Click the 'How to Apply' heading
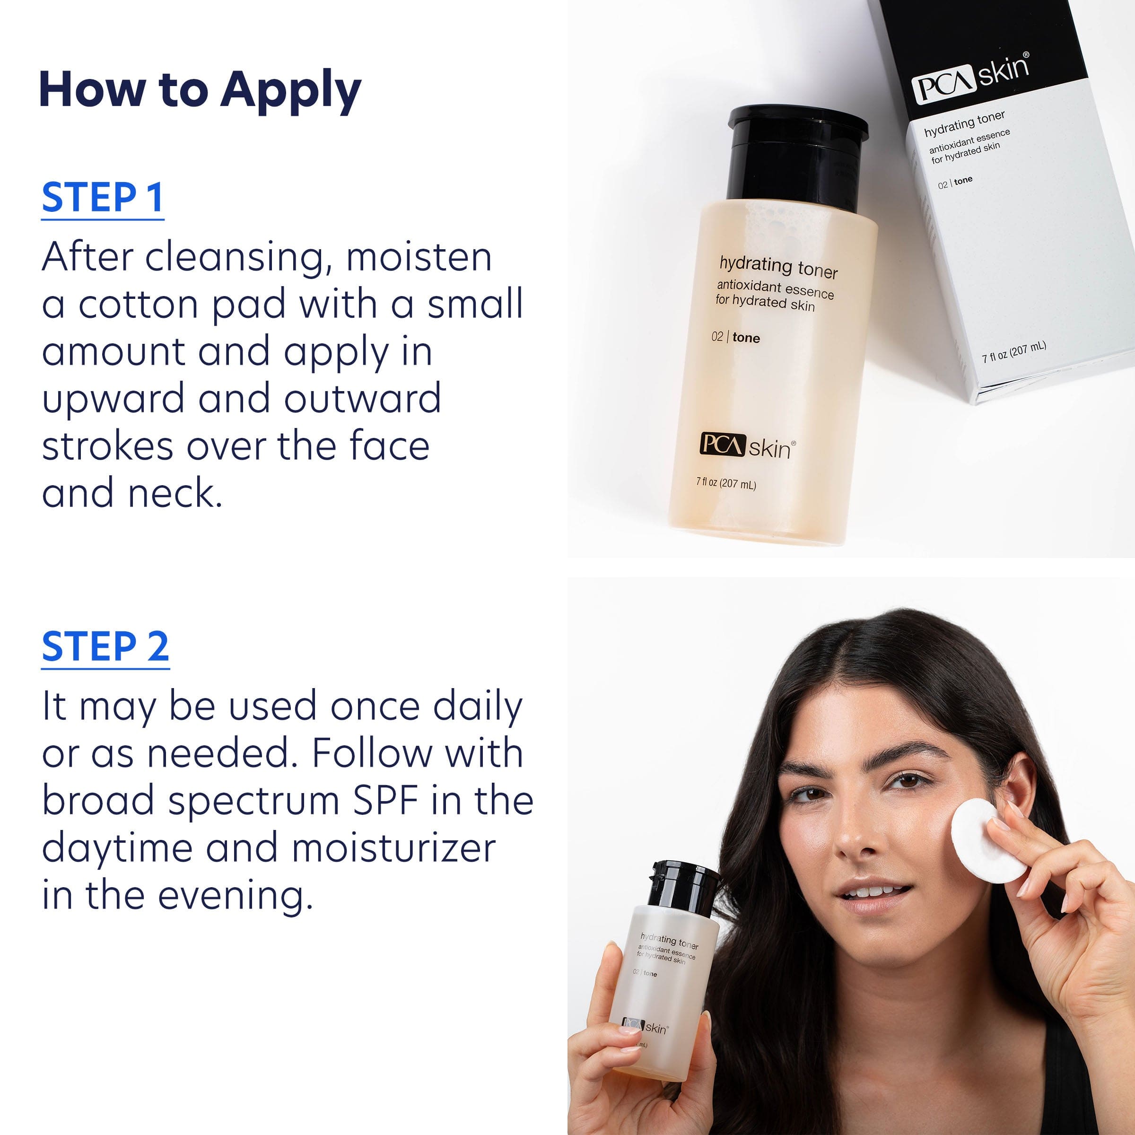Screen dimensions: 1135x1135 pyautogui.click(x=200, y=90)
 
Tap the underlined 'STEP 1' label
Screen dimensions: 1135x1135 pyautogui.click(x=103, y=198)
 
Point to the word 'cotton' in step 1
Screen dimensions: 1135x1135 pyautogui.click(x=138, y=305)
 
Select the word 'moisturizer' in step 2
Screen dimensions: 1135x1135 pyautogui.click(x=393, y=848)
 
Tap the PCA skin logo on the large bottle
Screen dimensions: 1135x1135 pyautogui.click(x=747, y=446)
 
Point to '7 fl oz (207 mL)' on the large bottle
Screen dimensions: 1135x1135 pyautogui.click(x=726, y=483)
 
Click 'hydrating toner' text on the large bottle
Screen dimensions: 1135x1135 pyautogui.click(x=778, y=266)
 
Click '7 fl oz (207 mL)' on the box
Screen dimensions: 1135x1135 pyautogui.click(x=1014, y=351)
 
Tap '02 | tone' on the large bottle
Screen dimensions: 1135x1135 pyautogui.click(x=735, y=337)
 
